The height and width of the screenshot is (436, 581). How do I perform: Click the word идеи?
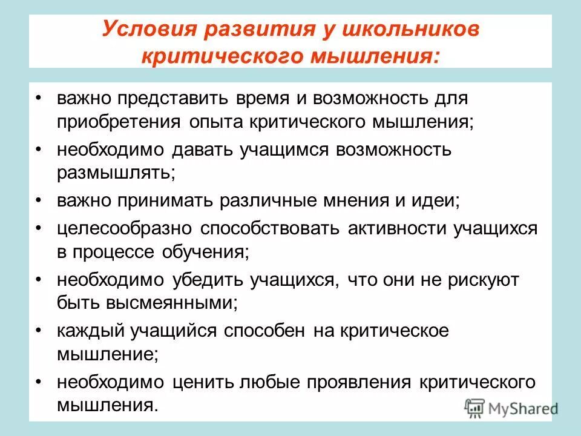click(433, 200)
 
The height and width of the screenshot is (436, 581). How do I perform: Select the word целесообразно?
click(125, 229)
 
